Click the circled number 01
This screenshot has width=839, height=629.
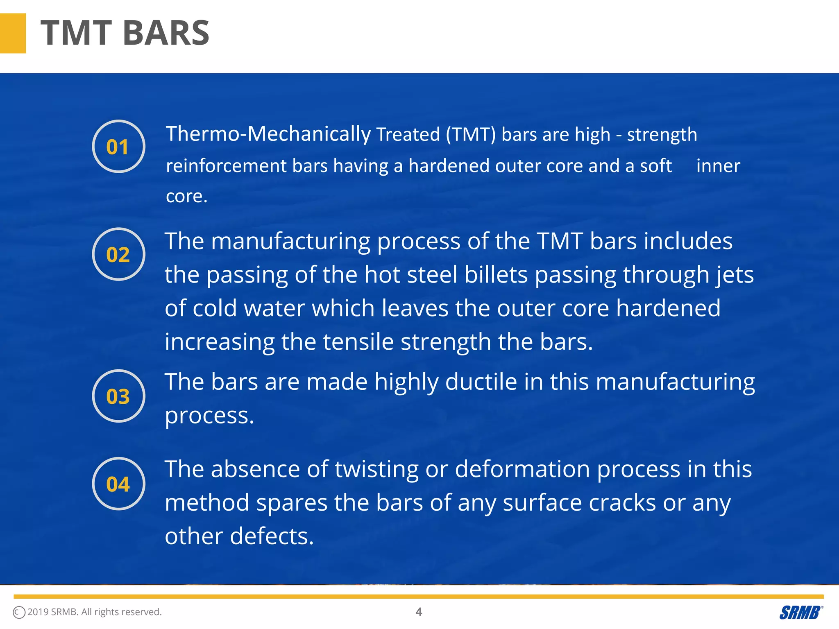click(x=118, y=147)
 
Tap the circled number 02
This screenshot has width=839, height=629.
click(x=118, y=254)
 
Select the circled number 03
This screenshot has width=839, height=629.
click(x=118, y=396)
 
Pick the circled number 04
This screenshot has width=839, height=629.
click(x=118, y=484)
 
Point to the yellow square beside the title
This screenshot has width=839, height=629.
click(x=13, y=33)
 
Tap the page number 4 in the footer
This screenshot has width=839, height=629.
click(x=419, y=612)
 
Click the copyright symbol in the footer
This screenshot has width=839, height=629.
click(x=19, y=612)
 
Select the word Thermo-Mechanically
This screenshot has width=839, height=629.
click(x=268, y=134)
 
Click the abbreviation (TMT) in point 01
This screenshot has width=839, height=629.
click(x=471, y=135)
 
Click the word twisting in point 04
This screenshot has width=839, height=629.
click(x=376, y=469)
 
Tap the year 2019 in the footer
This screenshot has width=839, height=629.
click(x=38, y=612)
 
